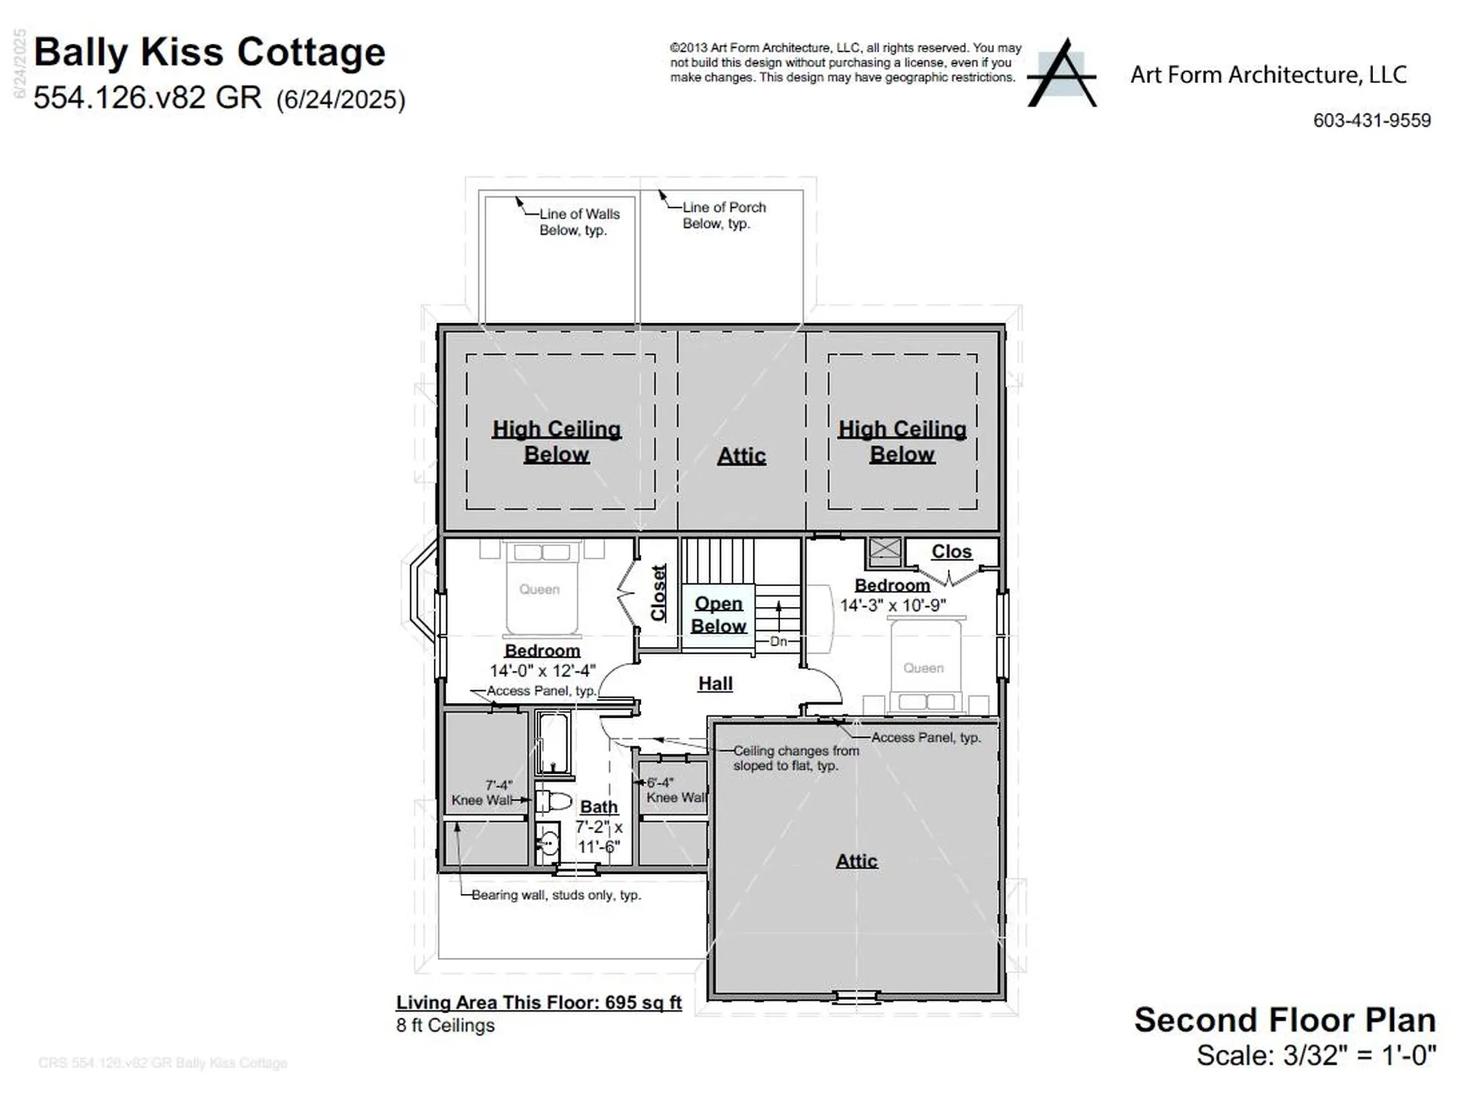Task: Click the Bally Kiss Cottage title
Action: (209, 52)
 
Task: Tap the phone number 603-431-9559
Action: (1372, 121)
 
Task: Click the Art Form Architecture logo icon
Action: (1062, 74)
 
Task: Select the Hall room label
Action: (715, 683)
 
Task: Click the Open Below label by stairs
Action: (718, 615)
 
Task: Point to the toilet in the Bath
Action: (552, 802)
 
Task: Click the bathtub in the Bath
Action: (553, 743)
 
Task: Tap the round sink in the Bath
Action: (548, 844)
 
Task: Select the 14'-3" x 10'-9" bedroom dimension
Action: (892, 605)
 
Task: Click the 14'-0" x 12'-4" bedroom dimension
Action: (542, 671)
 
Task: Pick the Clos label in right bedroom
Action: (952, 552)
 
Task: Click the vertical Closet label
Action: (658, 592)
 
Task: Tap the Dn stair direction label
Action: (779, 641)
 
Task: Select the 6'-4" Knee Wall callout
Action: (673, 790)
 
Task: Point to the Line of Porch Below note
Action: (723, 215)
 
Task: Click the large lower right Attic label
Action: (856, 861)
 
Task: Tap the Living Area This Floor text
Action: (538, 1002)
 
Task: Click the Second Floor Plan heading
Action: (1285, 1020)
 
